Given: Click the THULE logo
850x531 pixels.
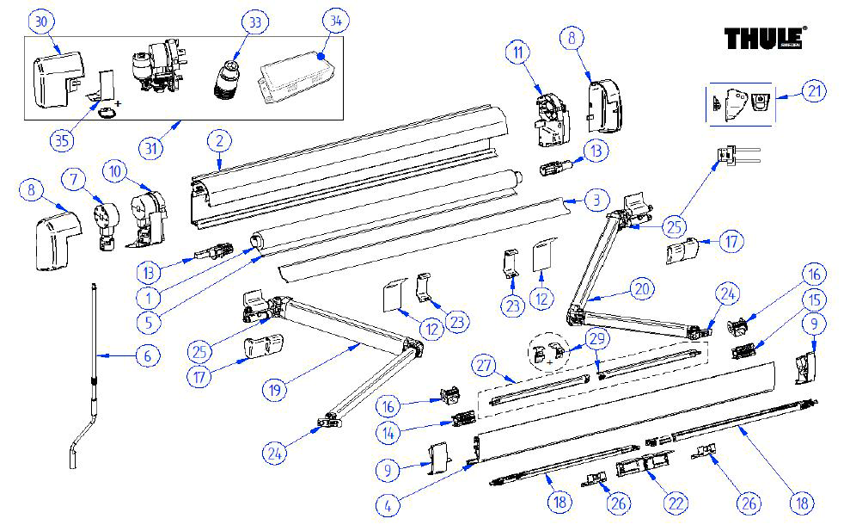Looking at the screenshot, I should pyautogui.click(x=763, y=39).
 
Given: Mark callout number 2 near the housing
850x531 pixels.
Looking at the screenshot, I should pyautogui.click(x=220, y=141).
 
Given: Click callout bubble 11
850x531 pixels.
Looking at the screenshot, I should pyautogui.click(x=517, y=53).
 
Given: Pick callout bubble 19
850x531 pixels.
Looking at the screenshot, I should pyautogui.click(x=274, y=388).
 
